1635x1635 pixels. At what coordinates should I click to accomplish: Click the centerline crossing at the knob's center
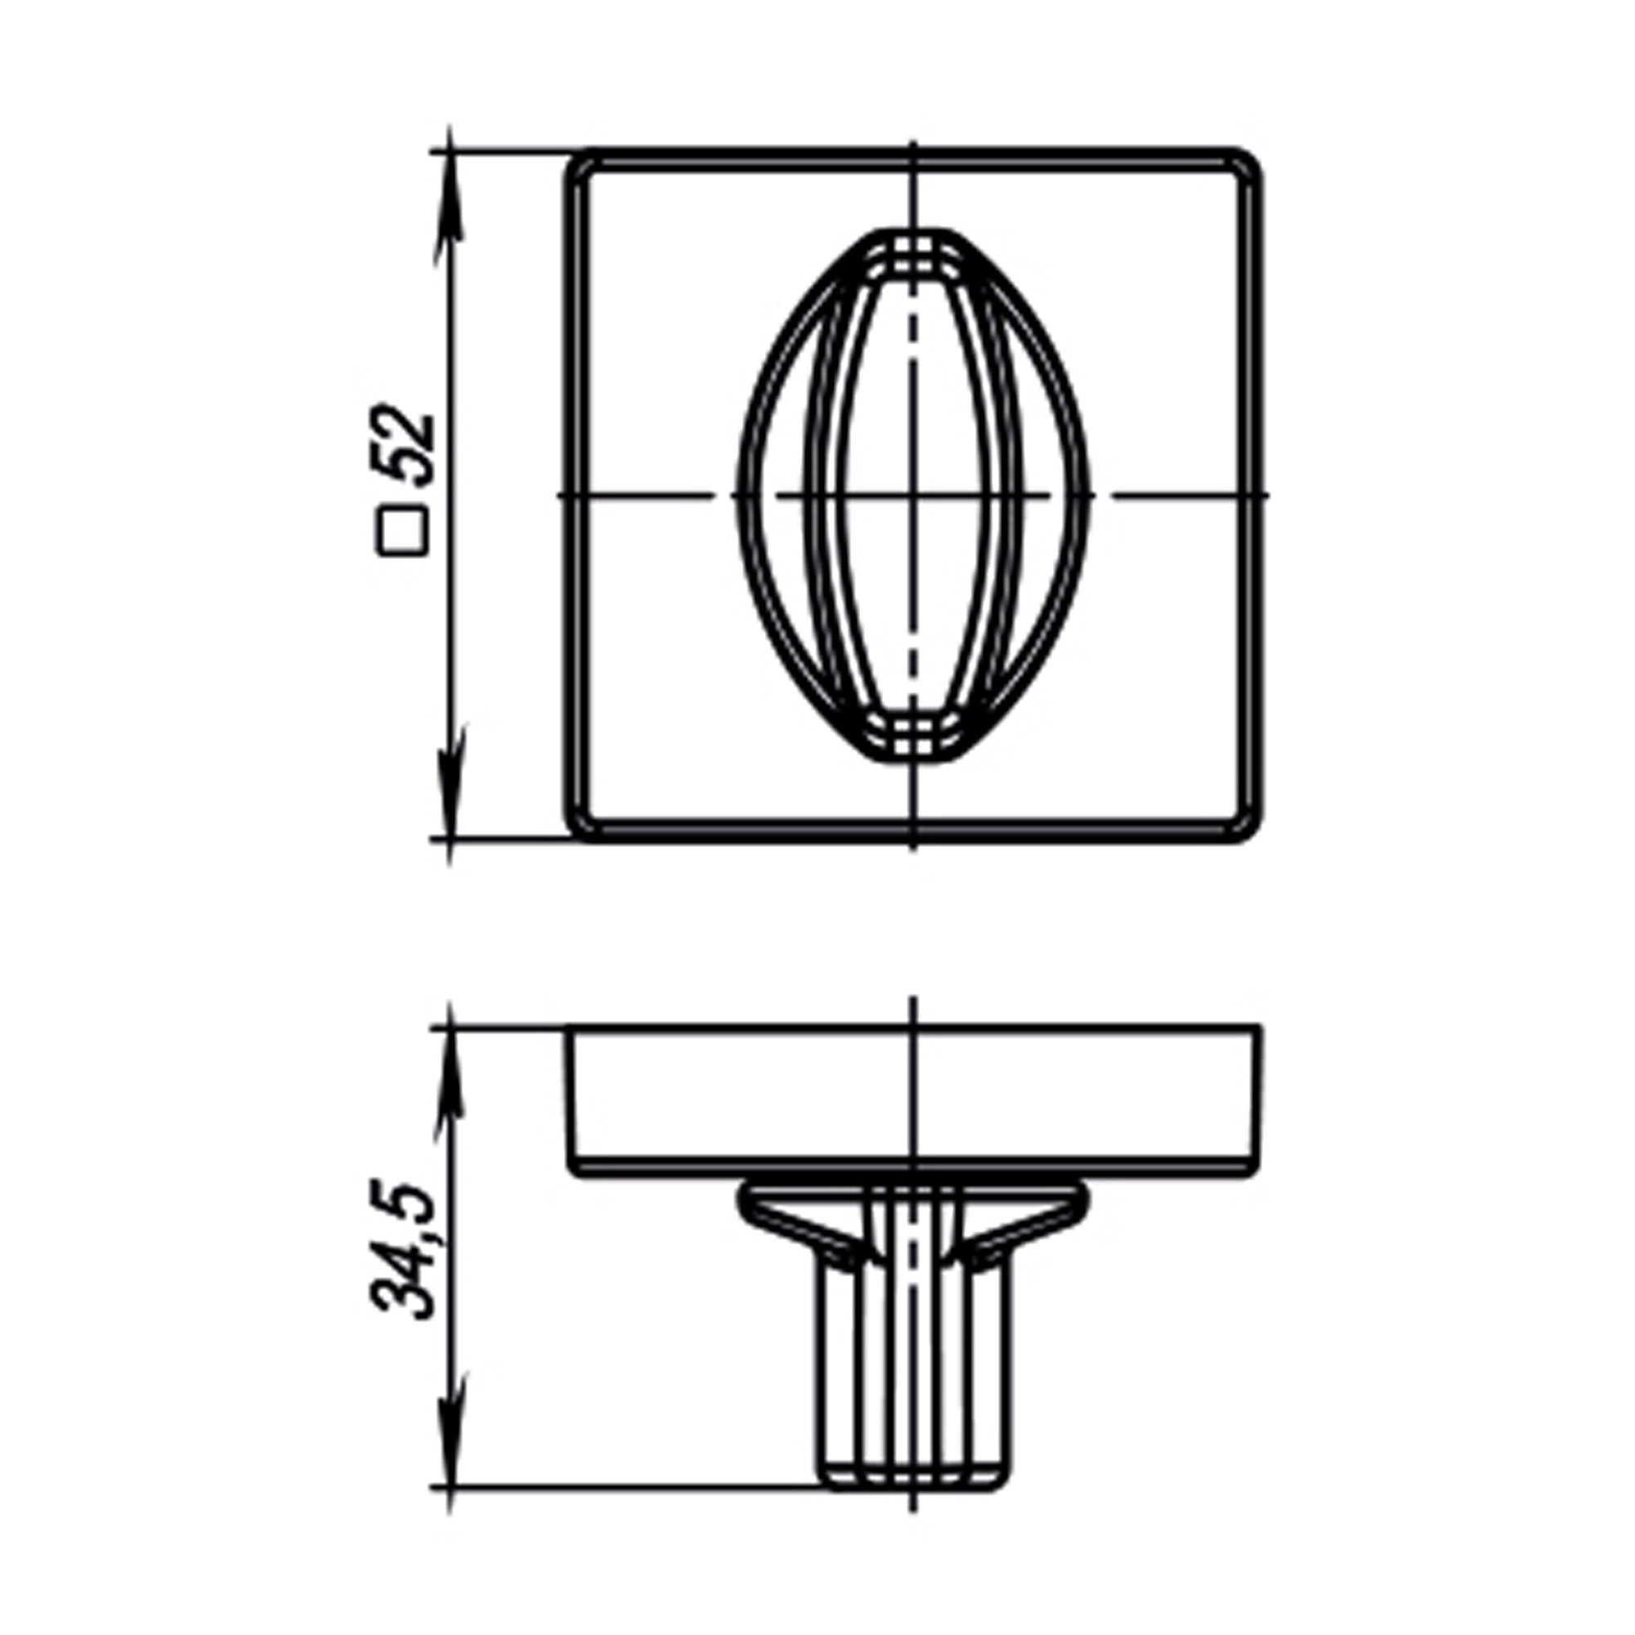coord(913,495)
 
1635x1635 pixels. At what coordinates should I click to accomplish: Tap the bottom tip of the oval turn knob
coord(913,759)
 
